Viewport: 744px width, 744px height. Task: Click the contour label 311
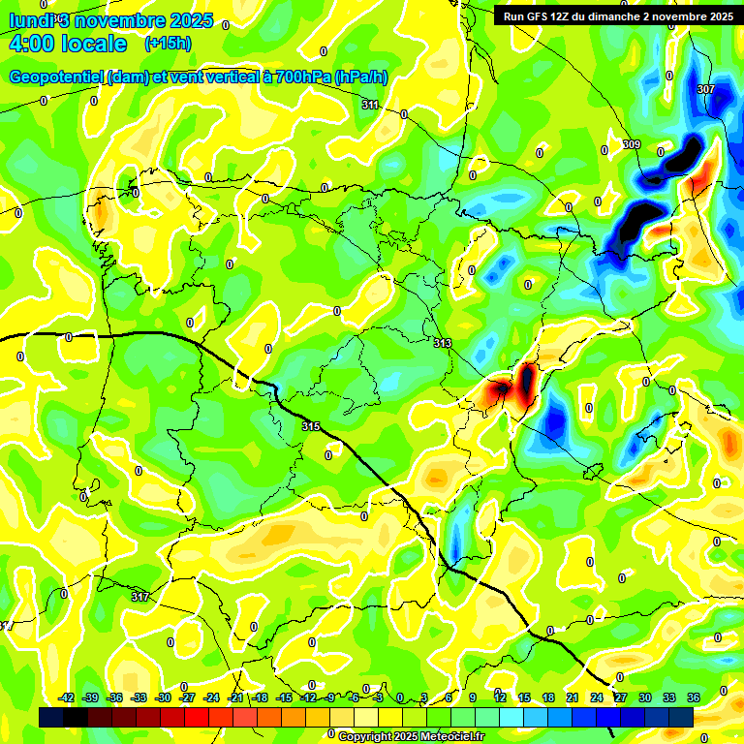pyautogui.click(x=370, y=105)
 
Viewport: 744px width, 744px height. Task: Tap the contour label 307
pyautogui.click(x=705, y=89)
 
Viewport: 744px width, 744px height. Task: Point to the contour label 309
pyautogui.click(x=631, y=144)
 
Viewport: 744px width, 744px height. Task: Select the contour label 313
pyautogui.click(x=443, y=343)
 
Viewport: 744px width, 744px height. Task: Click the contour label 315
pyautogui.click(x=310, y=426)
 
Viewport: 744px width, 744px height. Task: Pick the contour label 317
pyautogui.click(x=140, y=597)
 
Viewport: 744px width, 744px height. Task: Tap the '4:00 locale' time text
pyautogui.click(x=68, y=44)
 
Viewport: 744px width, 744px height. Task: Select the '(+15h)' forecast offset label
pyautogui.click(x=167, y=44)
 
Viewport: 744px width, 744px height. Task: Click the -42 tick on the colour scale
pyautogui.click(x=67, y=698)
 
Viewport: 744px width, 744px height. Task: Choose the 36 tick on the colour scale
pyautogui.click(x=693, y=698)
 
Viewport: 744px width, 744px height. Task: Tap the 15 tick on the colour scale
pyautogui.click(x=524, y=698)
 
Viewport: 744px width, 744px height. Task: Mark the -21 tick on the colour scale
pyautogui.click(x=235, y=698)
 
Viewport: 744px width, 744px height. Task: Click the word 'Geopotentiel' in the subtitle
pyautogui.click(x=56, y=77)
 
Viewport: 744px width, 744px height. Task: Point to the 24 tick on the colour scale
pyautogui.click(x=597, y=698)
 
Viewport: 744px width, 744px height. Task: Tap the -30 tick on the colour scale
pyautogui.click(x=163, y=698)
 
